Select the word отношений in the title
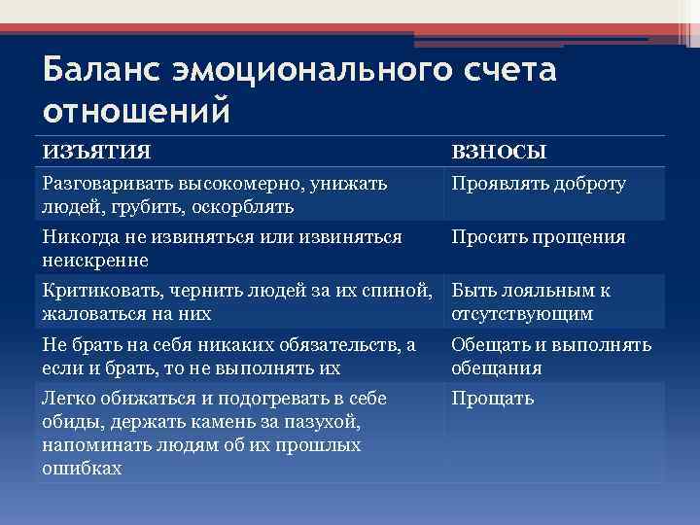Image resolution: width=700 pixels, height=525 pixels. [137, 110]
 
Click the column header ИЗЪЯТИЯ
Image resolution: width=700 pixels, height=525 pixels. [96, 152]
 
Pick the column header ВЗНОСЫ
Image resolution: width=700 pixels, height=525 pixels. [499, 152]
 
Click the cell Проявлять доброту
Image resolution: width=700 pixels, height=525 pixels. [538, 184]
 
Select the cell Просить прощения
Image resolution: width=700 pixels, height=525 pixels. [538, 237]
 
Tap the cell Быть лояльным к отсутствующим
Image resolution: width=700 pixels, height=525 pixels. [531, 302]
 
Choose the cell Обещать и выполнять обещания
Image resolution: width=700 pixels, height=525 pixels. [550, 357]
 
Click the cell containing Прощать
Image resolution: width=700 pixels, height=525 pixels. [493, 399]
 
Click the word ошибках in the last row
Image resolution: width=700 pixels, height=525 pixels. [83, 468]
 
